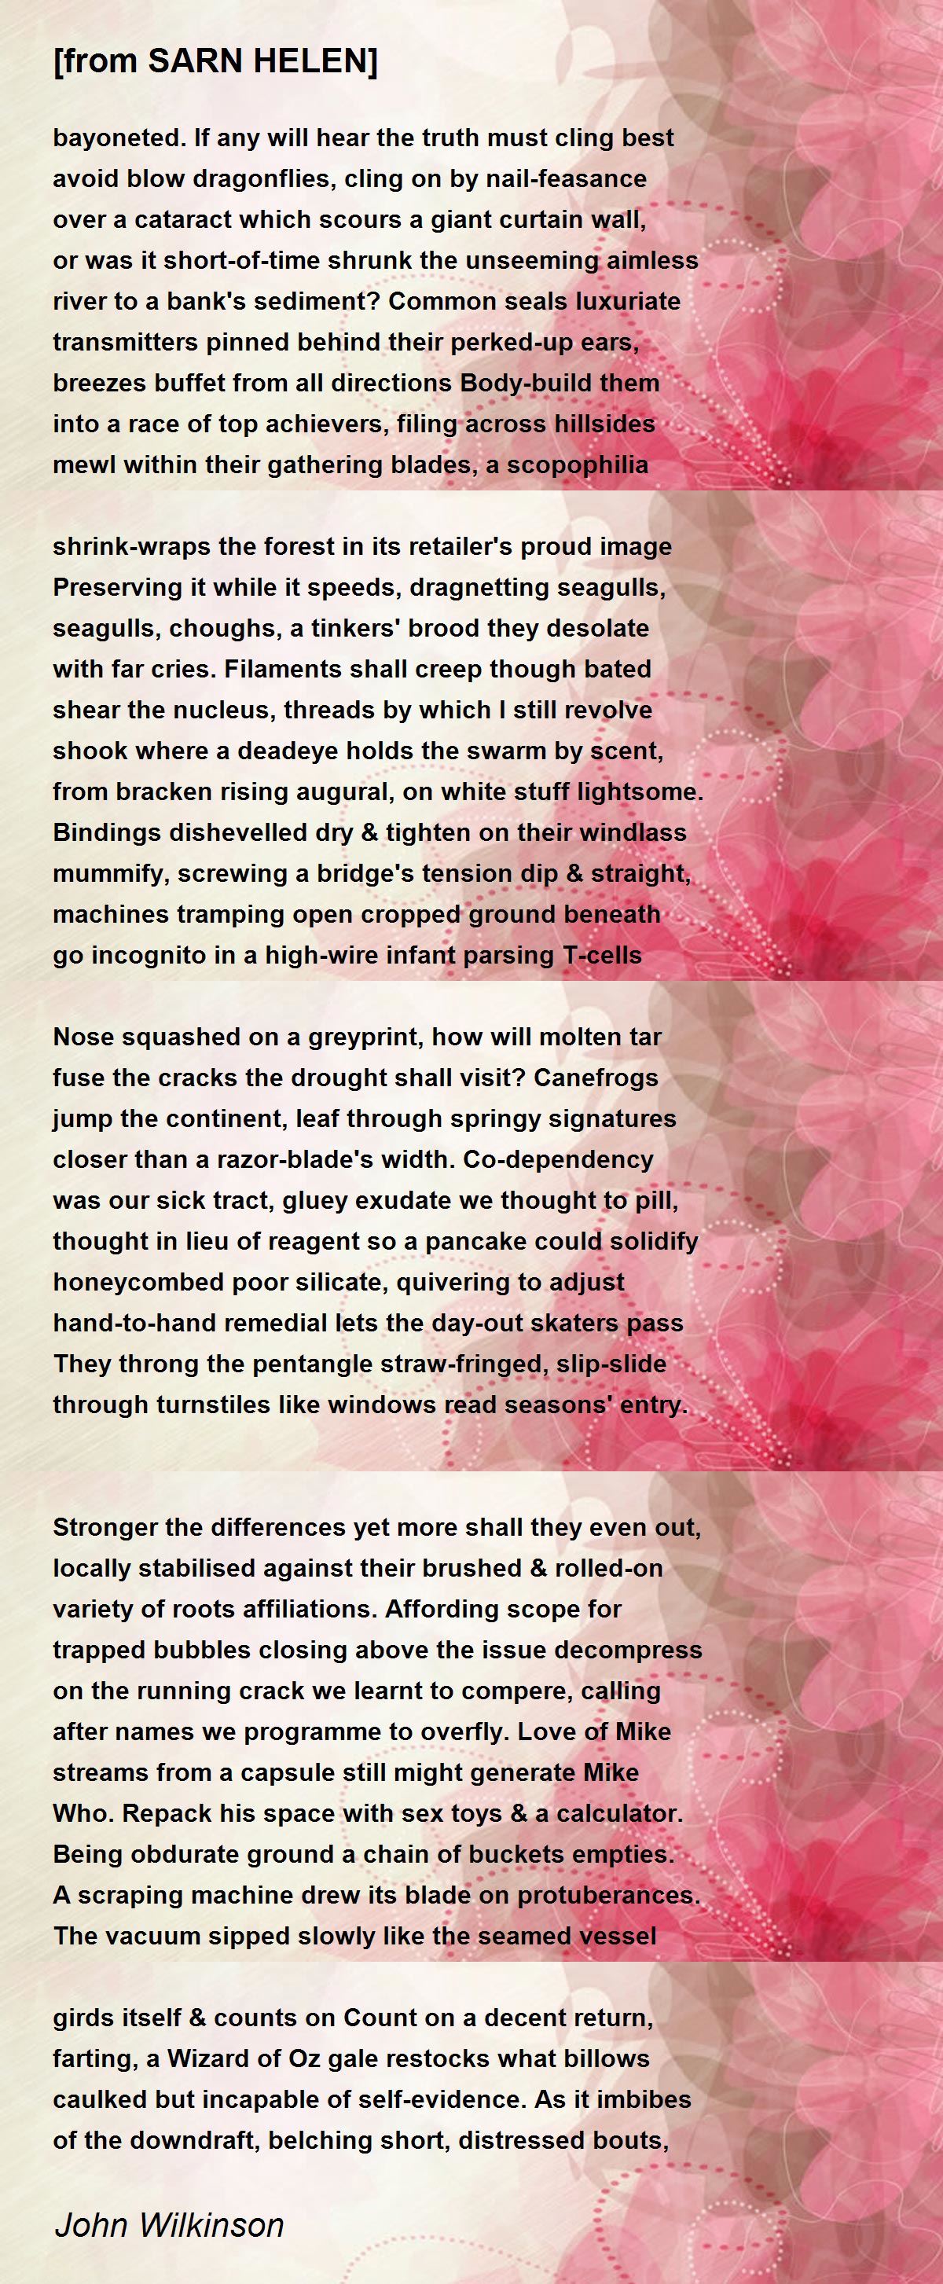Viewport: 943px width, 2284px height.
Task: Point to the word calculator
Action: click(619, 1813)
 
